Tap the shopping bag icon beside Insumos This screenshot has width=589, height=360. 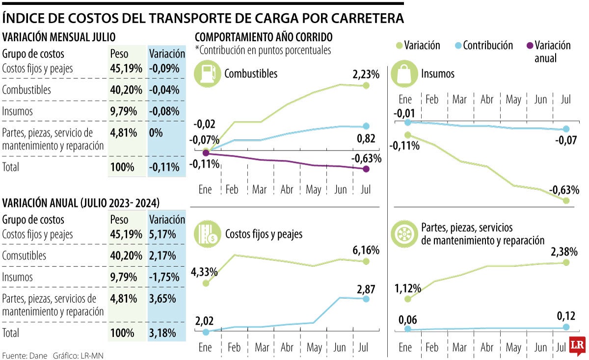404,74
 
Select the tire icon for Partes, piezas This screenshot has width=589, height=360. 404,234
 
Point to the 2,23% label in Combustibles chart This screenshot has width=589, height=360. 366,75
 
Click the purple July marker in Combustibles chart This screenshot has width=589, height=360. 366,169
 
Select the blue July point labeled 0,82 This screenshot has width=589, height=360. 366,127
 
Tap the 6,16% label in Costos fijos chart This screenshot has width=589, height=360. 366,250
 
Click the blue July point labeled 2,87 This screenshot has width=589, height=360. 366,299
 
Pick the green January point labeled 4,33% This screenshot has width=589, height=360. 206,283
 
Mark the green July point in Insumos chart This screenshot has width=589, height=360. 566,201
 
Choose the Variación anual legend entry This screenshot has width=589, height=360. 547,51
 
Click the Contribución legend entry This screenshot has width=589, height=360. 483,46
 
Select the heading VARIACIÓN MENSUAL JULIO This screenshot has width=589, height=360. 59,37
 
